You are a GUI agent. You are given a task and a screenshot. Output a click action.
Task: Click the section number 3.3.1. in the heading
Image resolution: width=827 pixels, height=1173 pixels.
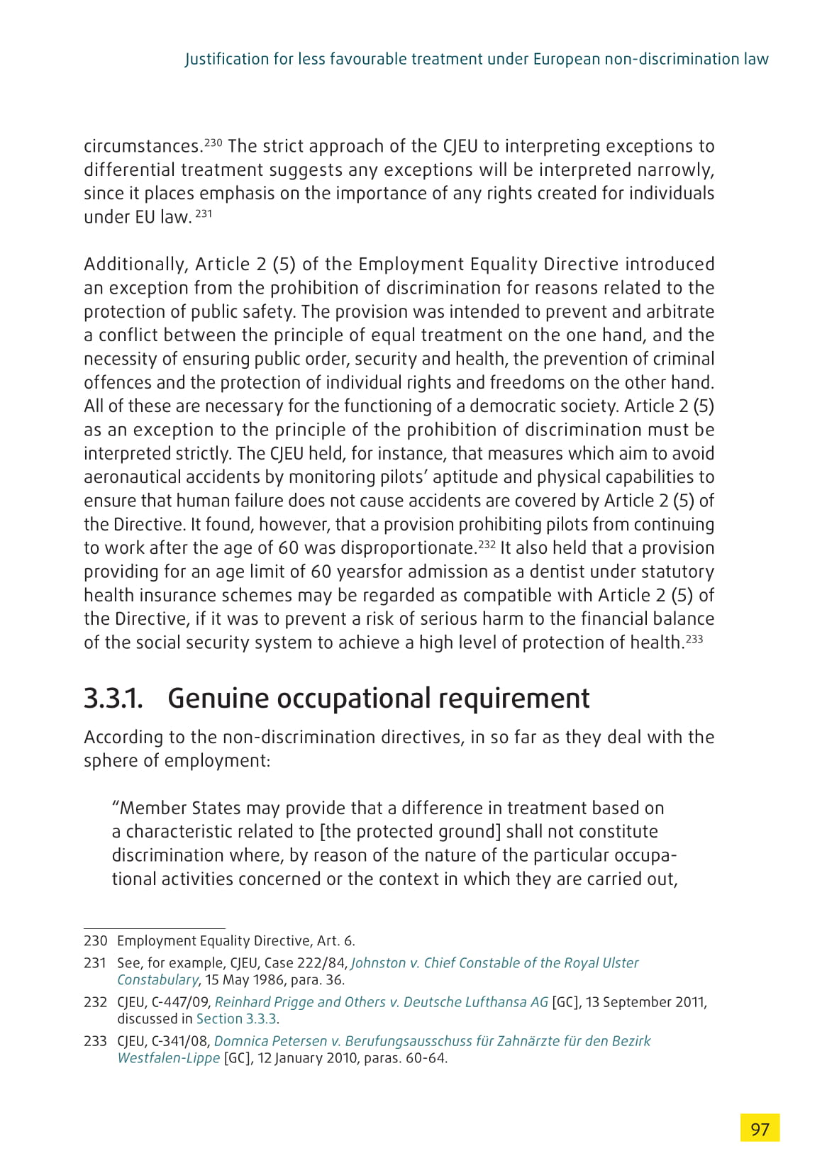(113, 699)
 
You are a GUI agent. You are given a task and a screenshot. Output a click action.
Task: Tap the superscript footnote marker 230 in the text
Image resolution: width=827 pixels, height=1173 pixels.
(213, 143)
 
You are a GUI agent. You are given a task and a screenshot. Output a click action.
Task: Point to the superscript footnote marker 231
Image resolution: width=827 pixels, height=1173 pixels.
(204, 213)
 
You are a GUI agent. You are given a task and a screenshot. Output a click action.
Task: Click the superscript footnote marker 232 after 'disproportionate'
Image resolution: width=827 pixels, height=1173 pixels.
(487, 545)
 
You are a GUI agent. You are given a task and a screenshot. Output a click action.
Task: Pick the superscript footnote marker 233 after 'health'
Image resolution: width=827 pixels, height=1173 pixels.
(694, 639)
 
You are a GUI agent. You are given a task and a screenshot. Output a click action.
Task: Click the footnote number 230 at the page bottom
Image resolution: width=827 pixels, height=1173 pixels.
(95, 941)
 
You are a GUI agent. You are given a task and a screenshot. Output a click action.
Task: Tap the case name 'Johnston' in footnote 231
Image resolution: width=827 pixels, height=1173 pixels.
(379, 963)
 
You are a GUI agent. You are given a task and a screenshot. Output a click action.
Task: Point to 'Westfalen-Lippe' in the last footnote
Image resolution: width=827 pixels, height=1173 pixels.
(169, 1059)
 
